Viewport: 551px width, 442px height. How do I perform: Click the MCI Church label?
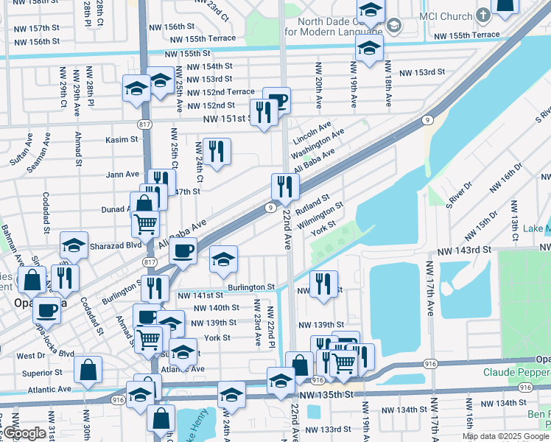pos(440,15)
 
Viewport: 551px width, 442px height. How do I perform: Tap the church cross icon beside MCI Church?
pos(482,15)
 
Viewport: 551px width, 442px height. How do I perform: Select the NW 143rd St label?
pos(463,250)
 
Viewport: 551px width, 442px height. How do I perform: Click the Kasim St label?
pos(122,139)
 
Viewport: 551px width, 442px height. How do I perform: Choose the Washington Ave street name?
pos(317,144)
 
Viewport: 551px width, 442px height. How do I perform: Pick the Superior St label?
pos(43,373)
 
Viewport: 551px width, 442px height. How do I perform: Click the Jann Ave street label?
pos(122,175)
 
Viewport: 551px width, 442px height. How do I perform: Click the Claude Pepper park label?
pos(516,373)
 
